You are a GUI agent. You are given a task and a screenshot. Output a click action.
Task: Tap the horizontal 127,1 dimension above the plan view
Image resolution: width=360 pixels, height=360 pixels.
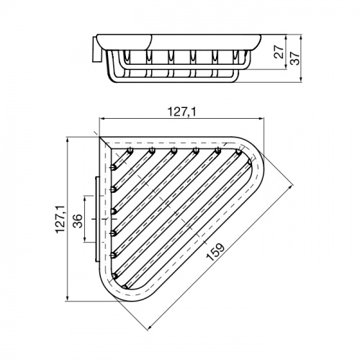[x=170, y=112]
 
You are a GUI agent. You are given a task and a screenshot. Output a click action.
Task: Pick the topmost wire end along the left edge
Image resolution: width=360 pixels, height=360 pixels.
[x=114, y=168]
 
